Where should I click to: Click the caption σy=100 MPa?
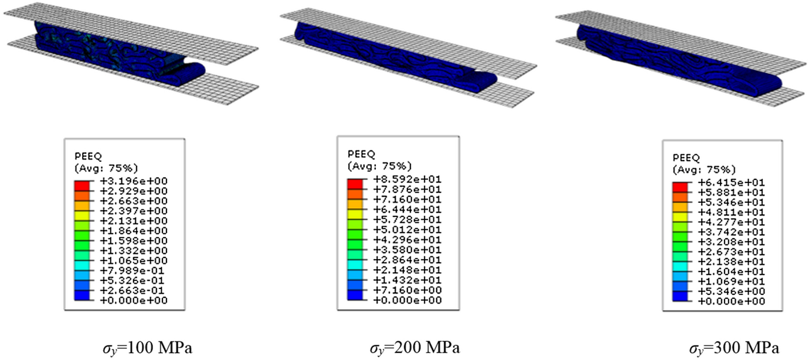point(147,348)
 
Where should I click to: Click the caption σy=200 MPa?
point(415,348)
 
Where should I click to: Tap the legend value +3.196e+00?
point(134,181)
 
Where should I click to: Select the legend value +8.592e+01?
point(407,179)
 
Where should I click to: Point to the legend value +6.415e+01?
point(731,182)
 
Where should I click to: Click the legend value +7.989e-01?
point(134,270)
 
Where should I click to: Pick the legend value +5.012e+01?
point(407,230)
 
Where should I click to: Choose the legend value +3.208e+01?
point(731,242)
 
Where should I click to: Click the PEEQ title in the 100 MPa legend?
point(88,157)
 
